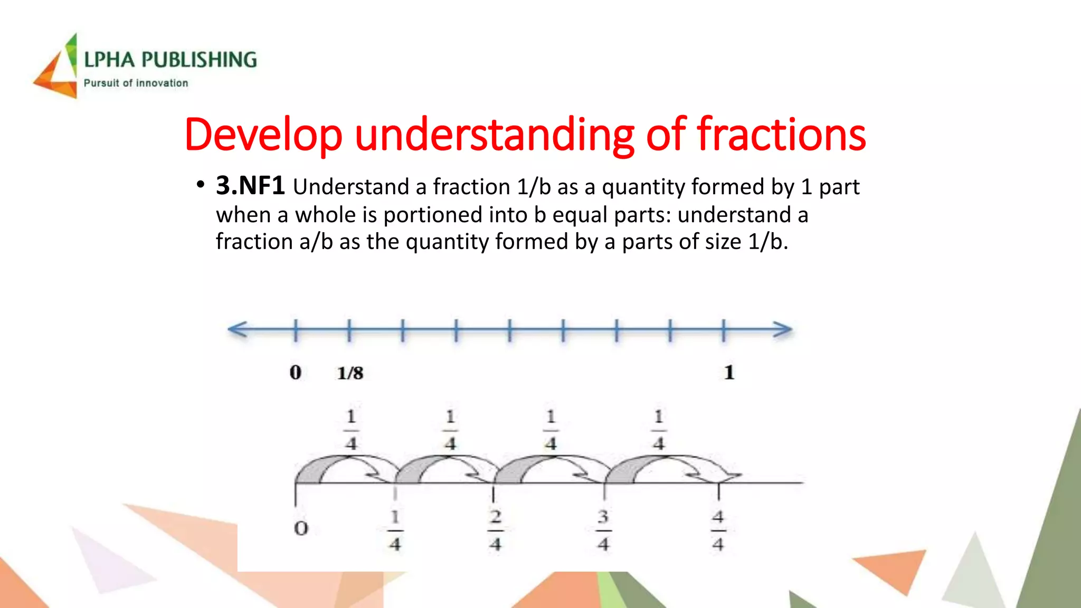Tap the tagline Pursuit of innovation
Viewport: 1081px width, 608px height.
(136, 83)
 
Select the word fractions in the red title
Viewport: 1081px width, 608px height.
(781, 135)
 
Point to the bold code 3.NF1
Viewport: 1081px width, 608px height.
(250, 186)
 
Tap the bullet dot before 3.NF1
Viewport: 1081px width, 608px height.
(200, 185)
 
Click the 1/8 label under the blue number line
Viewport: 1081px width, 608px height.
(350, 373)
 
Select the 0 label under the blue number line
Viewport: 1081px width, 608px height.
(296, 373)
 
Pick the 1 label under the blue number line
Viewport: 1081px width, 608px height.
(729, 373)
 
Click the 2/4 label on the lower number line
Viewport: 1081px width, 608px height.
(495, 530)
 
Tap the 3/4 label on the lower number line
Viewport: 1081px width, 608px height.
(603, 530)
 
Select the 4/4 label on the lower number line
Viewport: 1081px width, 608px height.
(718, 530)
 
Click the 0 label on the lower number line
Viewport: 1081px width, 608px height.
(301, 528)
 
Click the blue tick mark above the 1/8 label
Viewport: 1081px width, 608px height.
(349, 330)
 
